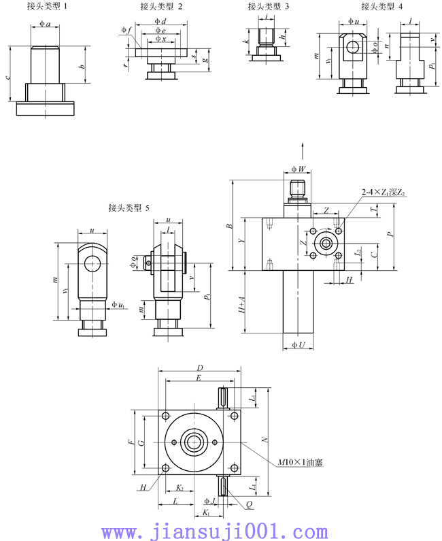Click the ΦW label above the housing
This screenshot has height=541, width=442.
tap(298, 169)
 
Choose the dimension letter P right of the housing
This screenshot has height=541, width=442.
tap(390, 232)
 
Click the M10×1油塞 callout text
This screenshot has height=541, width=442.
tap(299, 462)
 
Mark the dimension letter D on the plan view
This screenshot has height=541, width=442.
tap(200, 367)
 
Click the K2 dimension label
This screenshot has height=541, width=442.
tap(180, 487)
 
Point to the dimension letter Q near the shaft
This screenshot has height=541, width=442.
tap(250, 505)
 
